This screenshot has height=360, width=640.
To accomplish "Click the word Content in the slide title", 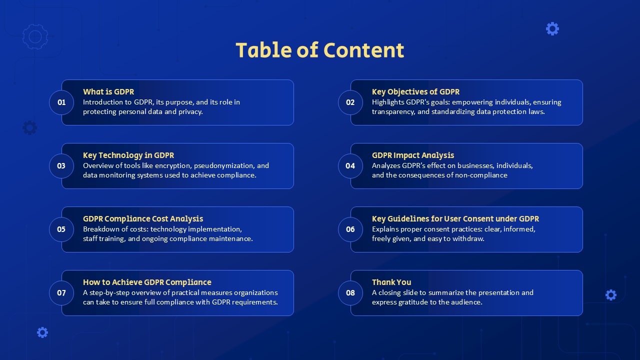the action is tap(363, 50).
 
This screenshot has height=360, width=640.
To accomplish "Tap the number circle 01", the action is tap(61, 102).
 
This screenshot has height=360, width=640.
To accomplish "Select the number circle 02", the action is tap(350, 102).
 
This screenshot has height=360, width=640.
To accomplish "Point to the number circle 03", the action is tap(61, 166).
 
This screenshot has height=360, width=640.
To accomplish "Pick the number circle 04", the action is tap(350, 166).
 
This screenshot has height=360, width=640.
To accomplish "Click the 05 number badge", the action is tap(61, 229).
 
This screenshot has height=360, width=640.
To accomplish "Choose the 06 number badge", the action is tap(350, 229).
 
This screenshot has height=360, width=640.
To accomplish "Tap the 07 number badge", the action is tap(61, 293).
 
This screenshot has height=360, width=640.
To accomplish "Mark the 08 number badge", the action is tap(350, 293).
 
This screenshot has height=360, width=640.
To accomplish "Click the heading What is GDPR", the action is tap(108, 91).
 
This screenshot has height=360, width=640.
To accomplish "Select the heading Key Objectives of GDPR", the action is tap(415, 91).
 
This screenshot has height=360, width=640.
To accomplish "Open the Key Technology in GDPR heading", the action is tap(128, 155).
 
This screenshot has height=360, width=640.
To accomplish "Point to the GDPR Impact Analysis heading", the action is tap(413, 155).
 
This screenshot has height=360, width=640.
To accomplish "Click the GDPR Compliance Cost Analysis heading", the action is tap(143, 218).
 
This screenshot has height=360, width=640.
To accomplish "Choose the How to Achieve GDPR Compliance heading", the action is tap(147, 282).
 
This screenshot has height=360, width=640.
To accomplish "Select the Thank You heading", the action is tap(391, 282).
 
